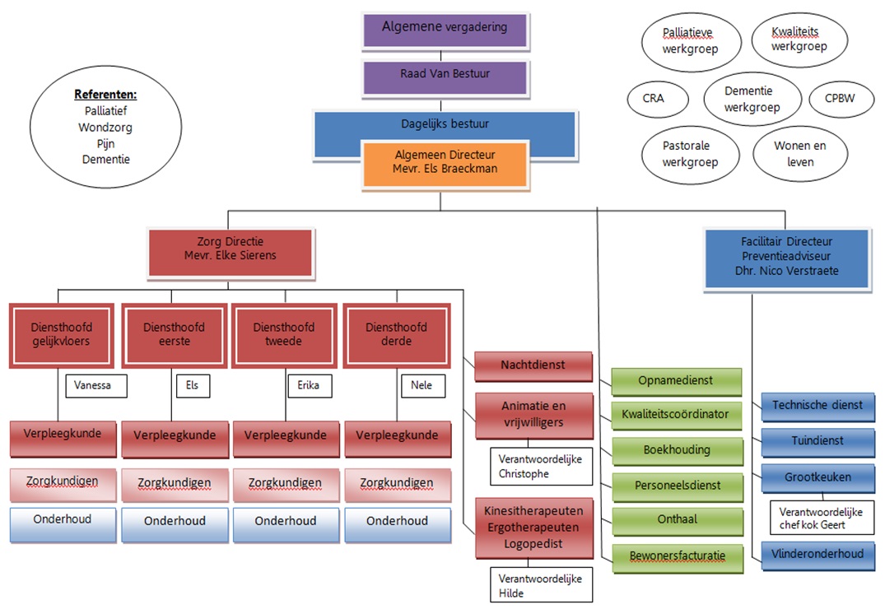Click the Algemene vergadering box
point(445,28)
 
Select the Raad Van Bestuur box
point(445,75)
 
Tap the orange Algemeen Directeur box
point(445,162)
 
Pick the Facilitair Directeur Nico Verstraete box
point(786,258)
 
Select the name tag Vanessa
point(95,385)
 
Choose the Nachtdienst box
point(533,365)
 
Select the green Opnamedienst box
point(676,381)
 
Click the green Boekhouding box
point(676,451)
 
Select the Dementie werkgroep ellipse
point(752,100)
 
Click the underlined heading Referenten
point(105,95)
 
